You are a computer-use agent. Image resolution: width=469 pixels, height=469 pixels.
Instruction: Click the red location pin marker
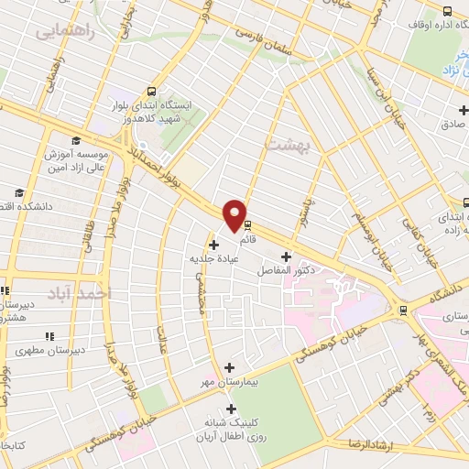(x=236, y=215)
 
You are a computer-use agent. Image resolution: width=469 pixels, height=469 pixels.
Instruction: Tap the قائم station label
(x=247, y=240)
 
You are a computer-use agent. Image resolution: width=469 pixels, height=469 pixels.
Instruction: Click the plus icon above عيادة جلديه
(x=214, y=245)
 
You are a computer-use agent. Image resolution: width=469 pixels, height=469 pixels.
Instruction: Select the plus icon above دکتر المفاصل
(x=287, y=256)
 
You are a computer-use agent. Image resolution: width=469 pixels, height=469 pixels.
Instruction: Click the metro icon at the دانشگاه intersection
(x=404, y=311)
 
